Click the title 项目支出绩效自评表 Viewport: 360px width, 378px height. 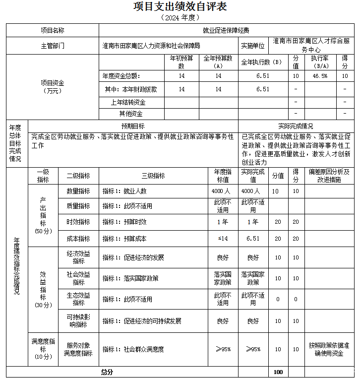[x=180, y=6]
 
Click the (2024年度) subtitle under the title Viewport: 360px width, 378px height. [x=180, y=17]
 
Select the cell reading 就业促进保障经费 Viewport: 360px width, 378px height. [x=226, y=30]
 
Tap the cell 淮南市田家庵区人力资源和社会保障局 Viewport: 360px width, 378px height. [x=152, y=46]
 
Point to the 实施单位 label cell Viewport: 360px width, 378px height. [x=253, y=46]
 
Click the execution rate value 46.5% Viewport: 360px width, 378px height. [x=319, y=76]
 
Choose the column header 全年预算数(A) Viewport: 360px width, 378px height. [x=218, y=62]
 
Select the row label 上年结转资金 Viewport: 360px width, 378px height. [x=128, y=102]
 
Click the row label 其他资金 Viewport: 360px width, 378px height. [x=128, y=114]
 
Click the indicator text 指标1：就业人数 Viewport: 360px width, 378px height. [x=124, y=191]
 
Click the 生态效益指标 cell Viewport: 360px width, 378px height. [x=78, y=299]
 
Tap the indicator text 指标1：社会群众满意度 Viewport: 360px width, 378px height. [x=133, y=349]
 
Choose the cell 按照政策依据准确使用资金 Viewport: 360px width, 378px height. [x=329, y=349]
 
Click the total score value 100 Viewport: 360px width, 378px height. [x=278, y=372]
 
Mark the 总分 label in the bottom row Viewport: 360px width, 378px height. [x=107, y=372]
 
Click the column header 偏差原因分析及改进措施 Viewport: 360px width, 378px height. [x=329, y=176]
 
